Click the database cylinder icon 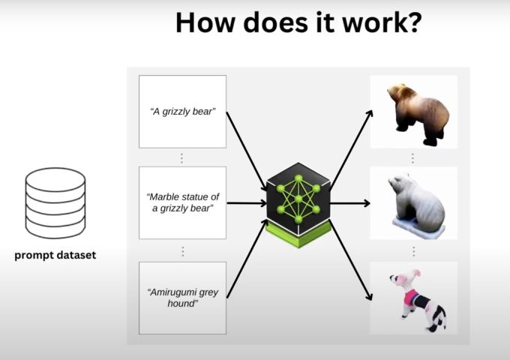(x=55, y=202)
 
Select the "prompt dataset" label (x=55, y=255)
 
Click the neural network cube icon (x=298, y=199)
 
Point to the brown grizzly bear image (x=417, y=114)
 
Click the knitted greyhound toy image (x=417, y=298)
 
